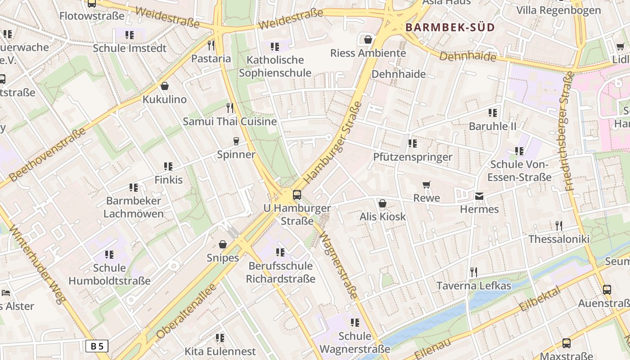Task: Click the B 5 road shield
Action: point(97,346)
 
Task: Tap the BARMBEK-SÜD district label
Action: point(450,27)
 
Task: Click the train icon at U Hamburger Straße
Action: point(297,195)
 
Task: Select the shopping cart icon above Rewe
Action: point(427,184)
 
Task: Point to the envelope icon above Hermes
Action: point(479,196)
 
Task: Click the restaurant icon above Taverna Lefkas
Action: point(473,272)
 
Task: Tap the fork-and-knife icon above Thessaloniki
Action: point(559,225)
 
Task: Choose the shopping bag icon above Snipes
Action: point(223,244)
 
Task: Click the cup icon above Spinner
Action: point(236,141)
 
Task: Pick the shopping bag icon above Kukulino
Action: point(165,86)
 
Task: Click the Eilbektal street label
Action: point(540,299)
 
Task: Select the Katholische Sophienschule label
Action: point(275,66)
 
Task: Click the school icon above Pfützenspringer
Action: point(413,144)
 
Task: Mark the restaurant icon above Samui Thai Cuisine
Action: point(230,108)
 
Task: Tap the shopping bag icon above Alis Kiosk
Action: point(382,203)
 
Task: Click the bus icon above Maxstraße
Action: point(566,343)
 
